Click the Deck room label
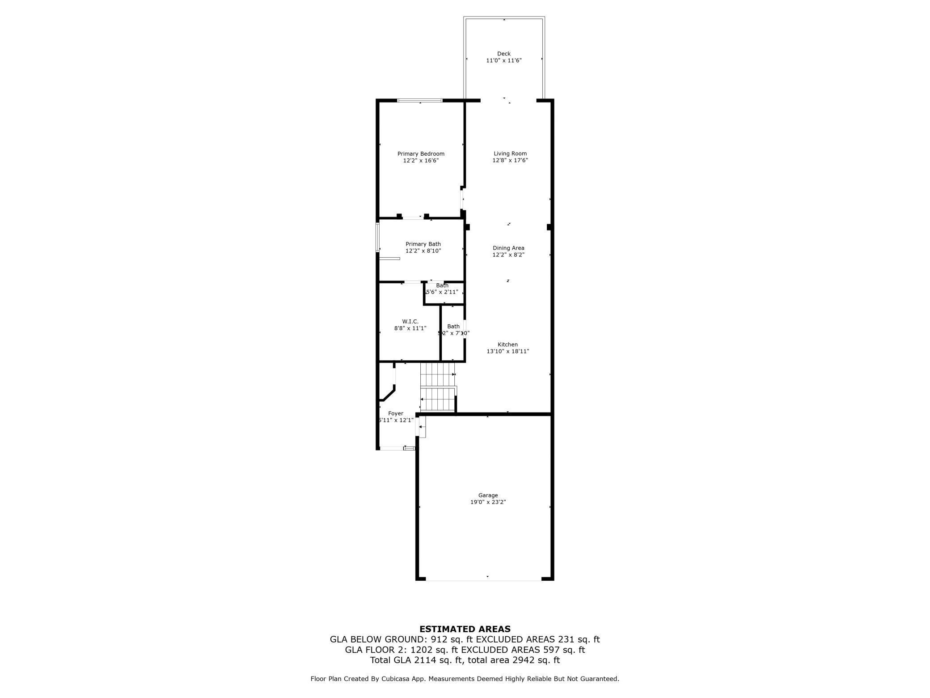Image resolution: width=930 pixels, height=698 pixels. coord(503,54)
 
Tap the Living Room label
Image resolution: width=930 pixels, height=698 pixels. coord(510,153)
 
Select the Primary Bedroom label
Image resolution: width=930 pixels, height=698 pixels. coord(421,154)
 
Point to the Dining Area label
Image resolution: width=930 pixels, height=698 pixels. coord(508,248)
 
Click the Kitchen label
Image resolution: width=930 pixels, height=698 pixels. coord(507,345)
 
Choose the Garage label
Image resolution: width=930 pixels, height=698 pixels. coord(488,495)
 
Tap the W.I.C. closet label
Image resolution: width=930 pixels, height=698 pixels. coord(410,321)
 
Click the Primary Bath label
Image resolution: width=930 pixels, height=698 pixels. coord(423,244)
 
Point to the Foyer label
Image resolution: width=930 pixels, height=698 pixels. coord(396,413)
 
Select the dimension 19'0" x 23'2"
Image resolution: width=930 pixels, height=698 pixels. coord(488,502)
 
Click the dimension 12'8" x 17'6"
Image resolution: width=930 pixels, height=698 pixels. coord(510,160)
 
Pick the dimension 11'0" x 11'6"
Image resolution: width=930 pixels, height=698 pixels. coord(504,60)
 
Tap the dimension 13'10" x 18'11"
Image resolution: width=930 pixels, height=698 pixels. coord(507,351)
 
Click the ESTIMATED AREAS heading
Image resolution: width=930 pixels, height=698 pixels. coord(465,629)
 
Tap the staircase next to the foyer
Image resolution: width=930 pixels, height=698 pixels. coord(438,387)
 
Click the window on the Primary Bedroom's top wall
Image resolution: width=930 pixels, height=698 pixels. coord(420,100)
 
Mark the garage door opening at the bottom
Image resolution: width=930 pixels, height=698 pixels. coord(483,580)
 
